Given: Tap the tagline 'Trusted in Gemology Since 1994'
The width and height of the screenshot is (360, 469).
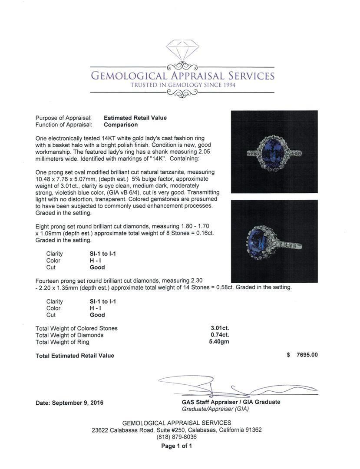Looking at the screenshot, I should coord(183,85).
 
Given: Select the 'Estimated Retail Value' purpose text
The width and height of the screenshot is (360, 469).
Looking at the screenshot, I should coord(135,118).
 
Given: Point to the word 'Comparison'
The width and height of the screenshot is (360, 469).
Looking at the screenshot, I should coord(121,125).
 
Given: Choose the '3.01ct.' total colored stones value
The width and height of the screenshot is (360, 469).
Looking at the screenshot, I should coord(220,328).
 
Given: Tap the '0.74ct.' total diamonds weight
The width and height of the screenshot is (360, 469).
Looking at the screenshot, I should coord(220,335).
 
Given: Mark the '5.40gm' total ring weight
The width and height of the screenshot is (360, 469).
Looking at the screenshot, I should coord(219,342).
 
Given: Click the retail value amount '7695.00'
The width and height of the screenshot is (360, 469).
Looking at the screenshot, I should coord(307,355).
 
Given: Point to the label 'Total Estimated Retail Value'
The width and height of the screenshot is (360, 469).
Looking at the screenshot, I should coord(75,356).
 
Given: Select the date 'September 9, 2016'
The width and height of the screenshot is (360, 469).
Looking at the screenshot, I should coord(78,403).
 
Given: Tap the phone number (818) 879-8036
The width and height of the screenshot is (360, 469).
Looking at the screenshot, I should coord(177,437).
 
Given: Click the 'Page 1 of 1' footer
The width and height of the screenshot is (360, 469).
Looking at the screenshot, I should coord(177,446).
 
